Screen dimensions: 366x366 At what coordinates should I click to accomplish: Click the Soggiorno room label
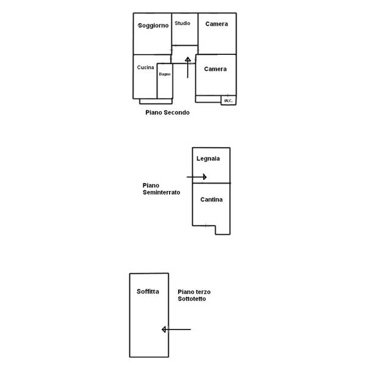pos(153,26)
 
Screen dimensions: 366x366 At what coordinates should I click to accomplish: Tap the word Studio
pos(182,23)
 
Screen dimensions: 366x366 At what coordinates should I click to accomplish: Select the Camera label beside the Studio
pos(217,24)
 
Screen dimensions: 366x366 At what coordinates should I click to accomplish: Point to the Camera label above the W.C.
pos(215,69)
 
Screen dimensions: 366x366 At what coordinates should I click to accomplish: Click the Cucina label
pos(145,68)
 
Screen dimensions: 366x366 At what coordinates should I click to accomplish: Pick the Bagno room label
pos(165,74)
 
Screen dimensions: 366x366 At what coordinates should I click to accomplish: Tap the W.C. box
pos(229,100)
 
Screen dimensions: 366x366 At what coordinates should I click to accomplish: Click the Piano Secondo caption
pos(167,112)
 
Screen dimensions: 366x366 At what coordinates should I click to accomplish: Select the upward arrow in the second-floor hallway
pos(188,68)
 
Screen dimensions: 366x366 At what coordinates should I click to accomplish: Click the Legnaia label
pos(208,159)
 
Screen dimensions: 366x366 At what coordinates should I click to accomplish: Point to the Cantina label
pos(211,199)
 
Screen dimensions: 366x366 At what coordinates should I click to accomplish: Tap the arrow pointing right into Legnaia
pos(196,177)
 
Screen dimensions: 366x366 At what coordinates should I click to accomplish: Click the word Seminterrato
pos(161,192)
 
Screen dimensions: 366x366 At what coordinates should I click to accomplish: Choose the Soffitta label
pos(148,292)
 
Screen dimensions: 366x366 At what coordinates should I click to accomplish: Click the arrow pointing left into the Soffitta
pos(176,329)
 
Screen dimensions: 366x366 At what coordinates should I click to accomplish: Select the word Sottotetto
pos(192,299)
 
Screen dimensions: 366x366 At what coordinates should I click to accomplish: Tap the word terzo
pos(204,292)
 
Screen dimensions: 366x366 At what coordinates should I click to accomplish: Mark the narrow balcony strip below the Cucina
pos(156,101)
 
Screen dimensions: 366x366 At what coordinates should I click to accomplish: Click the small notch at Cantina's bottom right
pos(223,230)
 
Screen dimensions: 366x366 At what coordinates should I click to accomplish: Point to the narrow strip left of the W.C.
pos(208,99)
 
